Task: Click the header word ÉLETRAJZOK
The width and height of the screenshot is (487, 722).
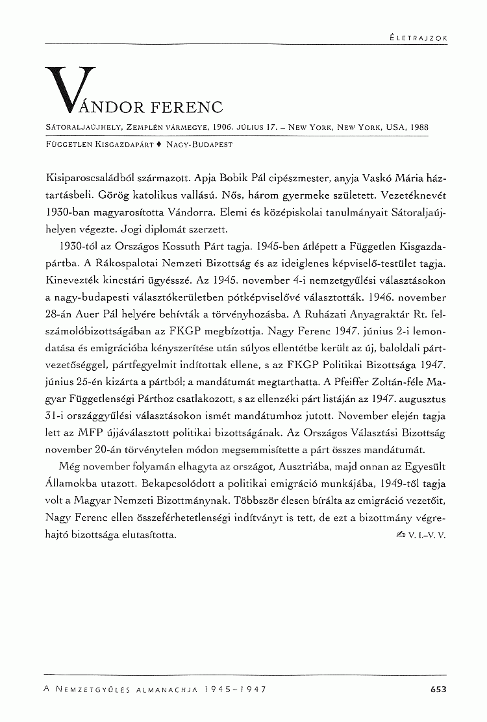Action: pyautogui.click(x=414, y=38)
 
